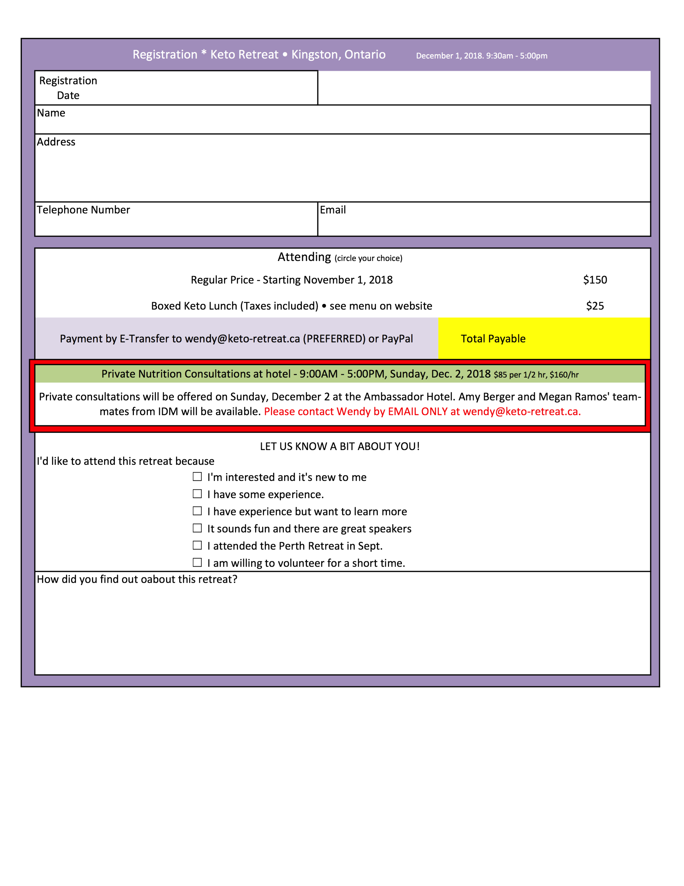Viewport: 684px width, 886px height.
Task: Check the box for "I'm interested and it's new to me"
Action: tap(197, 477)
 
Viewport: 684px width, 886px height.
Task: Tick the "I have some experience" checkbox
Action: tap(197, 494)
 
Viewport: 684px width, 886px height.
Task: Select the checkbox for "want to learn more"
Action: tap(197, 511)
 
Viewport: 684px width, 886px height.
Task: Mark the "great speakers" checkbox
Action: tap(197, 528)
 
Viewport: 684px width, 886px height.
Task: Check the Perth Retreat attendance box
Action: tap(197, 545)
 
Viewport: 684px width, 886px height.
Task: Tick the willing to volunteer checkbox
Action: tap(197, 562)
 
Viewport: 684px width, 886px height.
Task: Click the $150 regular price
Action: tap(595, 280)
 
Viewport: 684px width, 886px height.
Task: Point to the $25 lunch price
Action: tap(595, 306)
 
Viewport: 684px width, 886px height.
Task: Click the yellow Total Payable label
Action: tap(493, 339)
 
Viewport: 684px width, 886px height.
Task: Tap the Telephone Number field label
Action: tap(83, 210)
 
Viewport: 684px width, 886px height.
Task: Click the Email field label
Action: tap(333, 210)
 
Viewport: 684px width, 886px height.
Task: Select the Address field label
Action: tap(56, 142)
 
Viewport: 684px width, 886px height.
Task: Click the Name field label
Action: tap(51, 113)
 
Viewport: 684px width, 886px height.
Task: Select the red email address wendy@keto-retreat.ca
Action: tap(522, 412)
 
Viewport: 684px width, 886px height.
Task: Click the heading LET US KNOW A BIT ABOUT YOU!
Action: tap(340, 447)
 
